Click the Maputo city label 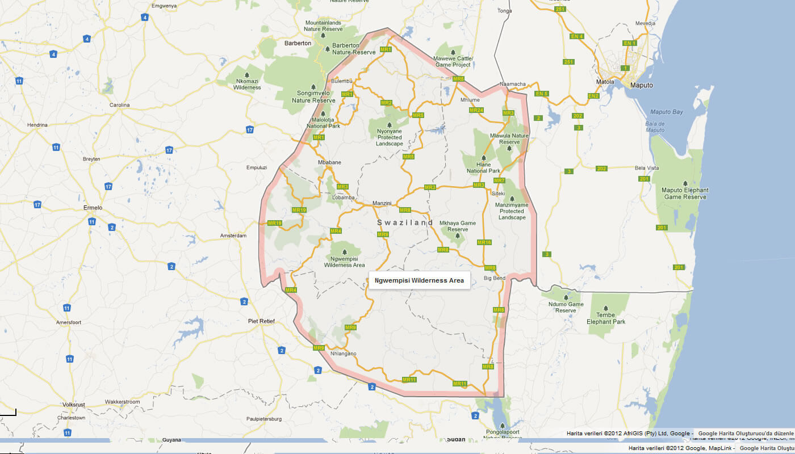641,85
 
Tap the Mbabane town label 329,162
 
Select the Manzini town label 382,203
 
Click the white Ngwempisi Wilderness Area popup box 419,280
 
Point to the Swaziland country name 405,223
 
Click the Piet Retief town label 261,321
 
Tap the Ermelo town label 93,208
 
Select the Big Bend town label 494,278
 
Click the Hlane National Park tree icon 484,158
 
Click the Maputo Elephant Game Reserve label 685,194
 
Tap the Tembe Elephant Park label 606,318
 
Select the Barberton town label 298,43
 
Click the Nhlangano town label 343,354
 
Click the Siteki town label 498,194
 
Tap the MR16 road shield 484,242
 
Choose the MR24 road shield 476,110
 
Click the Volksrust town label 73,405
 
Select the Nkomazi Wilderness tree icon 247,75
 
